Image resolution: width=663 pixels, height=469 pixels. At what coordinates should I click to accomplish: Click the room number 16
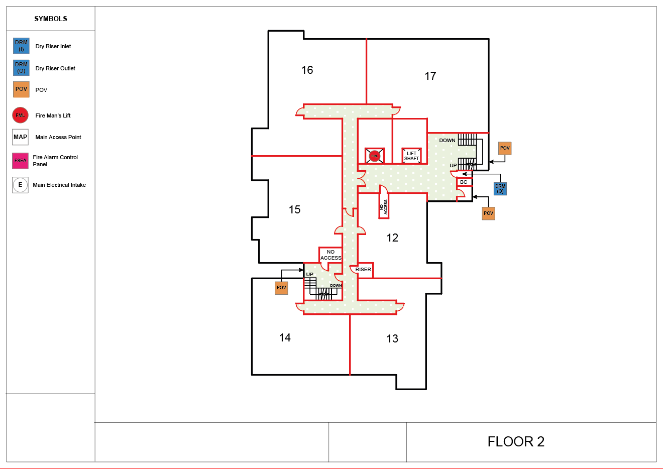pyautogui.click(x=307, y=70)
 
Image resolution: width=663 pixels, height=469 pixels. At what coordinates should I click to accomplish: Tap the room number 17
pyautogui.click(x=430, y=76)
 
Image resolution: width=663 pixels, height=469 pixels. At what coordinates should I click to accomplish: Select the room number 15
pyautogui.click(x=295, y=210)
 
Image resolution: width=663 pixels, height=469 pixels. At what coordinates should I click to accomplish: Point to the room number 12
pyautogui.click(x=392, y=238)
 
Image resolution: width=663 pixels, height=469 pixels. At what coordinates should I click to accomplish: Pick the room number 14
pyautogui.click(x=285, y=338)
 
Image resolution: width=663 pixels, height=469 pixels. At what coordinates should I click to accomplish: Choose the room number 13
pyautogui.click(x=392, y=339)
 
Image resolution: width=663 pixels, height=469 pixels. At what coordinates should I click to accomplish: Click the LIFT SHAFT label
pyautogui.click(x=411, y=156)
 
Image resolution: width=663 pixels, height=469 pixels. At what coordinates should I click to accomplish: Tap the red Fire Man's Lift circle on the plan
pyautogui.click(x=374, y=156)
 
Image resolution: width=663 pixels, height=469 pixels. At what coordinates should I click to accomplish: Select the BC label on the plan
pyautogui.click(x=464, y=182)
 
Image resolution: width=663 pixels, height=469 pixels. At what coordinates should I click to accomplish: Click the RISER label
pyautogui.click(x=363, y=270)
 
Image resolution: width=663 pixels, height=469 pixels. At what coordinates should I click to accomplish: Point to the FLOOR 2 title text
pyautogui.click(x=516, y=442)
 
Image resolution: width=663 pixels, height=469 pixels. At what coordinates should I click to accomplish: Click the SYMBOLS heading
pyautogui.click(x=51, y=19)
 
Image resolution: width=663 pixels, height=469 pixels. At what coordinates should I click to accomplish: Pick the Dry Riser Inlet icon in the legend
pyautogui.click(x=21, y=46)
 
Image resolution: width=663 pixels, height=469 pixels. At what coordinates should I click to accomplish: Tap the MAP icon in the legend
pyautogui.click(x=21, y=137)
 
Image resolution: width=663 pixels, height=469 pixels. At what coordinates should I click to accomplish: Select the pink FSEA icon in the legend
pyautogui.click(x=21, y=161)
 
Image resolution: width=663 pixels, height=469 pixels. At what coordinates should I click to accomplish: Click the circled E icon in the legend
pyautogui.click(x=21, y=185)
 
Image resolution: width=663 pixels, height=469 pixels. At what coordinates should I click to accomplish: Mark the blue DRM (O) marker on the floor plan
pyautogui.click(x=500, y=189)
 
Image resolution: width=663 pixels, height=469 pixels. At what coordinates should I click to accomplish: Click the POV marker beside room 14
pyautogui.click(x=281, y=288)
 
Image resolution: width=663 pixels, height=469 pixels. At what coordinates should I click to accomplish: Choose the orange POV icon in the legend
pyautogui.click(x=21, y=89)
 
